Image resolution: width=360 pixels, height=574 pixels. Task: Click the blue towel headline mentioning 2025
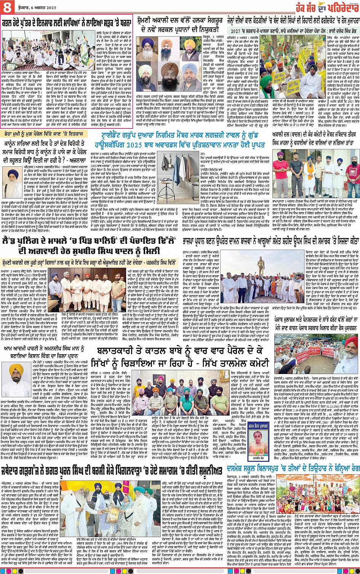pos(181,141)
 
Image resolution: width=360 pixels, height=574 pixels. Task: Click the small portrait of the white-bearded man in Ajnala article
pos(14,179)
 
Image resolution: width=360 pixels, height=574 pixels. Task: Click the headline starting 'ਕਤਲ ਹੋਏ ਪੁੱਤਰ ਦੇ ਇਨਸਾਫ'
pos(66,23)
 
